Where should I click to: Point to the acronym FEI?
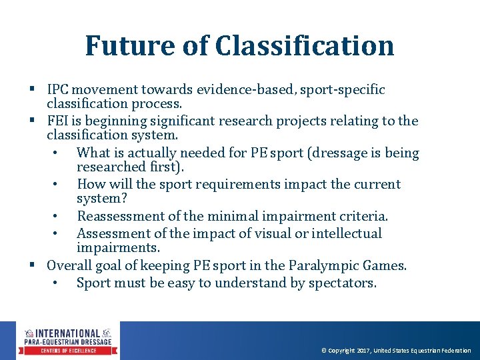pos(58,121)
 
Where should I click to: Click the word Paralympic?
pos(323,265)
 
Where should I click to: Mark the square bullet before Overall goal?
pos(32,265)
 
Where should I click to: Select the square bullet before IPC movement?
pos(32,89)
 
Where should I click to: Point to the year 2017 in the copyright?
pos(363,351)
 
